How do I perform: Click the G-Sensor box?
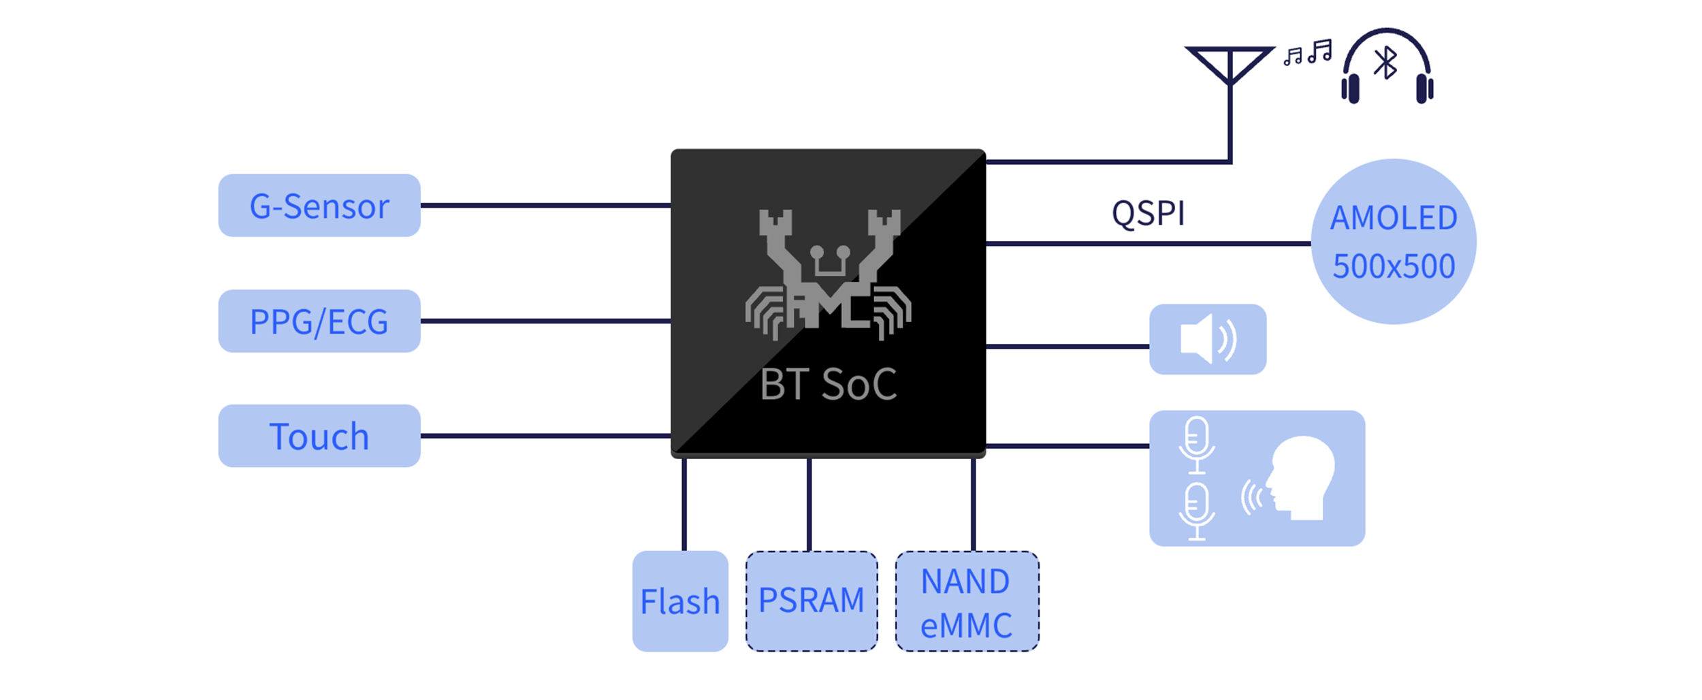[319, 206]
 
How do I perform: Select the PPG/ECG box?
[319, 321]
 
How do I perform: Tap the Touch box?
[319, 436]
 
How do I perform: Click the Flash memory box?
[680, 601]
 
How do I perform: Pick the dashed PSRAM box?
[812, 601]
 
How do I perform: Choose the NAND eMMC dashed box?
[967, 602]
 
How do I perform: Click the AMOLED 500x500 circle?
[1394, 242]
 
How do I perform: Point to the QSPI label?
[1149, 214]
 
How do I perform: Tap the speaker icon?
[1208, 339]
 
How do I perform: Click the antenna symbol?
[1230, 65]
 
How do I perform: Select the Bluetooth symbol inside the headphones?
[1385, 63]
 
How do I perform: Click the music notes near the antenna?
[1308, 52]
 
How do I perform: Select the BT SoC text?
[829, 385]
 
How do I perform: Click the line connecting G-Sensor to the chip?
[545, 205]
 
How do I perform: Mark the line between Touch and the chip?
[545, 436]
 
